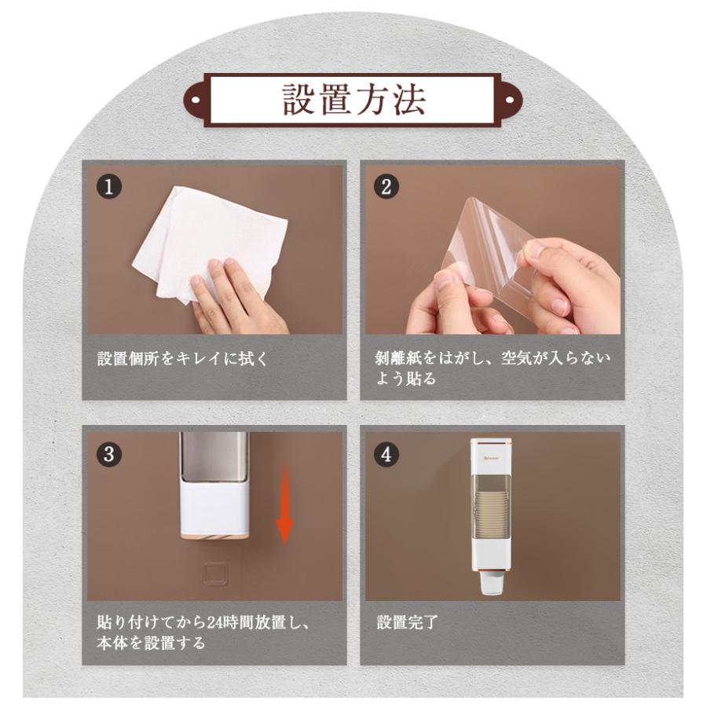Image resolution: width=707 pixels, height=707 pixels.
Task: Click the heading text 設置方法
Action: [x=354, y=100]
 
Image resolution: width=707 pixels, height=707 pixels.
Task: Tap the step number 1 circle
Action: [x=108, y=187]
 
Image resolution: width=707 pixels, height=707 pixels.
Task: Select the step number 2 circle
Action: [x=386, y=187]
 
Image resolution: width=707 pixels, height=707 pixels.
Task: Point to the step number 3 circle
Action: [x=108, y=453]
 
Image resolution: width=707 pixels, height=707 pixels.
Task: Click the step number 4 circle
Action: [x=386, y=453]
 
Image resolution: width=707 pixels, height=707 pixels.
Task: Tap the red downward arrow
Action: [x=284, y=505]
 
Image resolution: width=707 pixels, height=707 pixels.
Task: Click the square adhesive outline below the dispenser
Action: [x=215, y=573]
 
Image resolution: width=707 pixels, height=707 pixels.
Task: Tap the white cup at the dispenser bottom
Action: [x=492, y=584]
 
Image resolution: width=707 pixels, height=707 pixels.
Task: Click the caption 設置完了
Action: [x=407, y=622]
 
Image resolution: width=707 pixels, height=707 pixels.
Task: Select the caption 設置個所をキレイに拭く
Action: [x=182, y=359]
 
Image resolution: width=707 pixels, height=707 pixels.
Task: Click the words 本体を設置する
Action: [x=151, y=643]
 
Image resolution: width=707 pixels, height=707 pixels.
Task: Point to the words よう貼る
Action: [x=406, y=379]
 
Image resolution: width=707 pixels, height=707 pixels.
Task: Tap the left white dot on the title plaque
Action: [x=196, y=100]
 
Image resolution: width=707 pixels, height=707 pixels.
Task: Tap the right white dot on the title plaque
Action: [x=510, y=100]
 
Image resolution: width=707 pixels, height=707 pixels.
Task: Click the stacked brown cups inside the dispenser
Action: [x=491, y=514]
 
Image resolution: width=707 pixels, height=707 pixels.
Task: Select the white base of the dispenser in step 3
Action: [x=214, y=511]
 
